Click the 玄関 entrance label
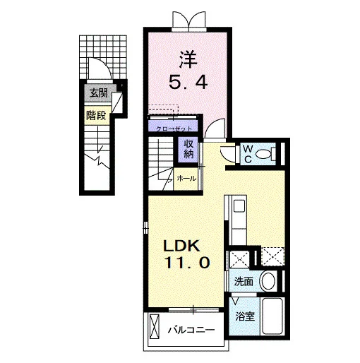pos(99,93)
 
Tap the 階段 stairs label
pos(96,115)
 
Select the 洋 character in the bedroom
pos(188,59)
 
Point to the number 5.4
pos(188,82)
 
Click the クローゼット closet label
pos(174,129)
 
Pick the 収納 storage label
pos(188,149)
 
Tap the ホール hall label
pos(186,179)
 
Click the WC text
pos(248,154)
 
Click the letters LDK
pos(182,246)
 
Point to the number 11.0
pos(187,262)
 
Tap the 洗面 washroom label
pos(244,282)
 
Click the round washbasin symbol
pos(268,281)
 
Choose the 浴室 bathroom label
pos(245,316)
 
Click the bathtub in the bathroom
pos(272,316)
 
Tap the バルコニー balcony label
pos(191,330)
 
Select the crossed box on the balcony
pos(155,326)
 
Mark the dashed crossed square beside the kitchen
pos(272,256)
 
